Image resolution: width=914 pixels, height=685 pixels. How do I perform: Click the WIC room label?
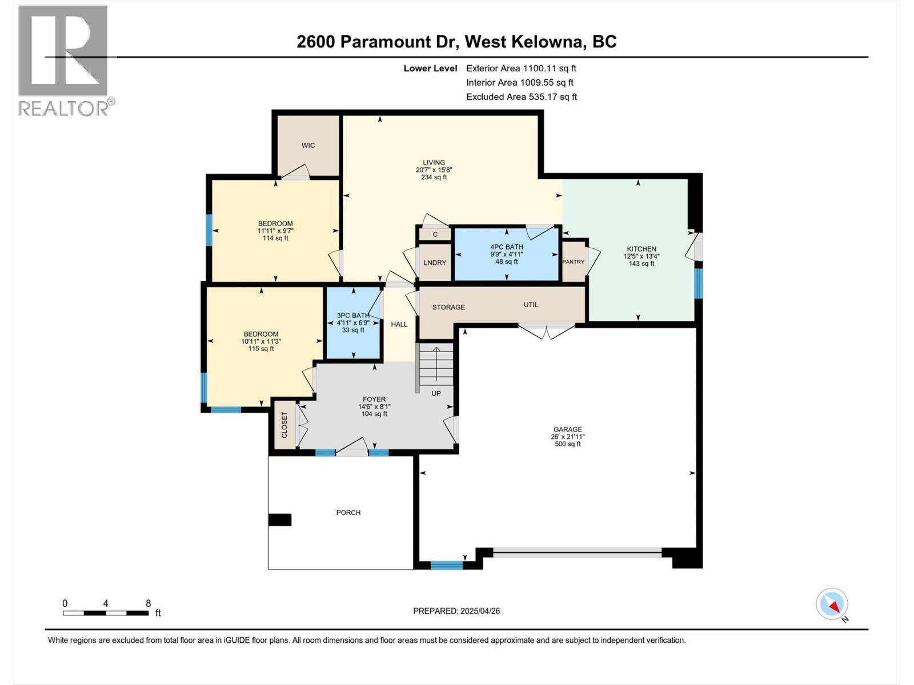point(308,146)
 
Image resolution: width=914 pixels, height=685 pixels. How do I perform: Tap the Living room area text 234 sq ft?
point(434,178)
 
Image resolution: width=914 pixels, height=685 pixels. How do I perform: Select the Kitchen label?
point(642,249)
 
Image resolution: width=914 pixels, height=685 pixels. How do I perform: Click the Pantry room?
point(574,262)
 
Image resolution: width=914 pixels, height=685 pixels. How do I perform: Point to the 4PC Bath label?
point(506,247)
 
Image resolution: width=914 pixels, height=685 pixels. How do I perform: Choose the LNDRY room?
point(435,263)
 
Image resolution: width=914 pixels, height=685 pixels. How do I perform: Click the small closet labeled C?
point(435,235)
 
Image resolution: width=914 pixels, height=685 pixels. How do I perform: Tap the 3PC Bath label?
point(353,315)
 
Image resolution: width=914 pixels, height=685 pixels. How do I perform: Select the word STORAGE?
point(448,307)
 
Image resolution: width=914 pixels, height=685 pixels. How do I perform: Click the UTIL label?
point(531,305)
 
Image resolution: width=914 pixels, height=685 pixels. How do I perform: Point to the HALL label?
point(399,324)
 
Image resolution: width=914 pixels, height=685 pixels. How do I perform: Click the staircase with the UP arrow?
point(436,365)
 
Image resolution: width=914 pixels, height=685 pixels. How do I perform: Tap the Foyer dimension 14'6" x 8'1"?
point(374,406)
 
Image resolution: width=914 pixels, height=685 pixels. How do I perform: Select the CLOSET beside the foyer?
point(284,425)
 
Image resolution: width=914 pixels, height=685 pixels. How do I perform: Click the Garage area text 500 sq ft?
point(567,444)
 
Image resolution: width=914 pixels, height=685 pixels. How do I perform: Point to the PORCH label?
point(348,513)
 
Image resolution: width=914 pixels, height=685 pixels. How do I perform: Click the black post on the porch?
point(280,519)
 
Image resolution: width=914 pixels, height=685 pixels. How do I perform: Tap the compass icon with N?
point(832,604)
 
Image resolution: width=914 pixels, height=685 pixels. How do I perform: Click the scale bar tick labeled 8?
point(148,603)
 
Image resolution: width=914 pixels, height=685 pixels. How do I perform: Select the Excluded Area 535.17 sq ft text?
point(521,97)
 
